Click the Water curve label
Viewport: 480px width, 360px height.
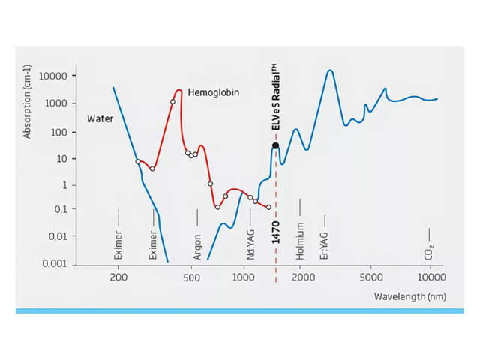coord(100,118)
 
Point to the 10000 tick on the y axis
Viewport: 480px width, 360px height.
coord(53,76)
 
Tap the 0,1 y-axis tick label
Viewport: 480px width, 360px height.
coord(57,209)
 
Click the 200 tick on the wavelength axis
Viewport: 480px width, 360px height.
coord(118,277)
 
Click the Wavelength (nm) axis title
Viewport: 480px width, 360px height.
coord(409,297)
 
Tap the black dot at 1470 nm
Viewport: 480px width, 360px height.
coord(276,145)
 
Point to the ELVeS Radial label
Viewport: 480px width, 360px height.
coord(276,98)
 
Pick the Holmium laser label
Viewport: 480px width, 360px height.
coord(300,241)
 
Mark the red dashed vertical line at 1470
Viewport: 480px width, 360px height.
coord(276,217)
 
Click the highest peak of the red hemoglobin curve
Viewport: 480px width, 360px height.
coord(178,90)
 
